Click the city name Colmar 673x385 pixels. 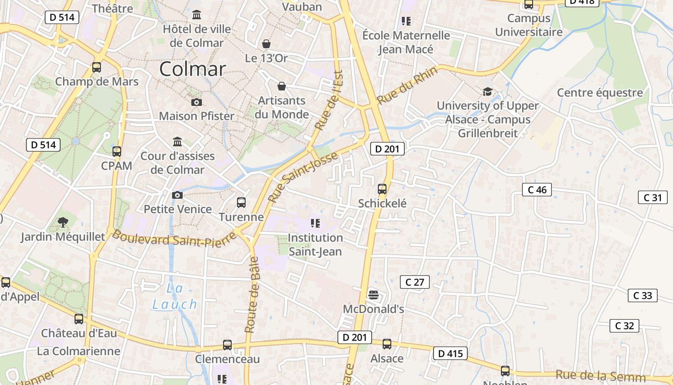click(192, 69)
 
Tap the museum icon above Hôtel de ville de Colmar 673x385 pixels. click(197, 15)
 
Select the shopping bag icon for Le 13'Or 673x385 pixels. click(266, 44)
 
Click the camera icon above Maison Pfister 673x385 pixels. click(197, 102)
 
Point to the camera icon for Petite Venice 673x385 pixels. click(177, 195)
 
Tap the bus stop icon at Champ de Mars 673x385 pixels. click(97, 67)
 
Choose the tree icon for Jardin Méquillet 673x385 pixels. click(62, 222)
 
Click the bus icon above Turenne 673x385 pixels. click(241, 203)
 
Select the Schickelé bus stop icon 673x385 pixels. click(382, 189)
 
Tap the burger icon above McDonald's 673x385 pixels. click(374, 295)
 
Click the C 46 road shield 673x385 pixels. click(537, 190)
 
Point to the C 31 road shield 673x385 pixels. click(652, 197)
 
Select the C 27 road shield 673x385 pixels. click(414, 282)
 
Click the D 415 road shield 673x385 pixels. click(450, 354)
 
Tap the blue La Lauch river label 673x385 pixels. click(175, 296)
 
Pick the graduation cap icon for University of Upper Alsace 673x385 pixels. click(487, 91)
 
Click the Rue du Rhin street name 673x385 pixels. click(408, 85)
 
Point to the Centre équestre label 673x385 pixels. click(599, 92)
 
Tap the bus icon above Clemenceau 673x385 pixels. click(227, 345)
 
